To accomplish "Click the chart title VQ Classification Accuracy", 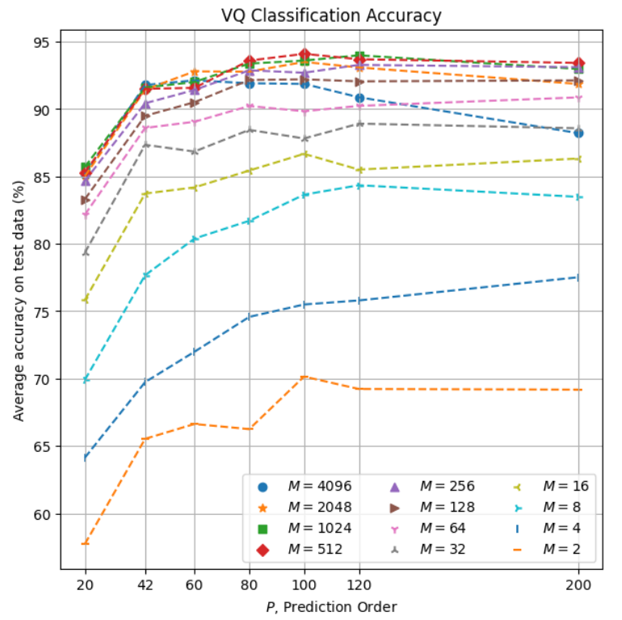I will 331,15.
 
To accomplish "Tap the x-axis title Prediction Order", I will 331,606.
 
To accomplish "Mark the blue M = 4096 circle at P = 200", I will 578,133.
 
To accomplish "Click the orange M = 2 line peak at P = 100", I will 304,377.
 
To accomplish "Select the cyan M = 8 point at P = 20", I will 85,379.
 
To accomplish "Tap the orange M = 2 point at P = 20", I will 85,543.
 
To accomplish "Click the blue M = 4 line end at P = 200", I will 578,277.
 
